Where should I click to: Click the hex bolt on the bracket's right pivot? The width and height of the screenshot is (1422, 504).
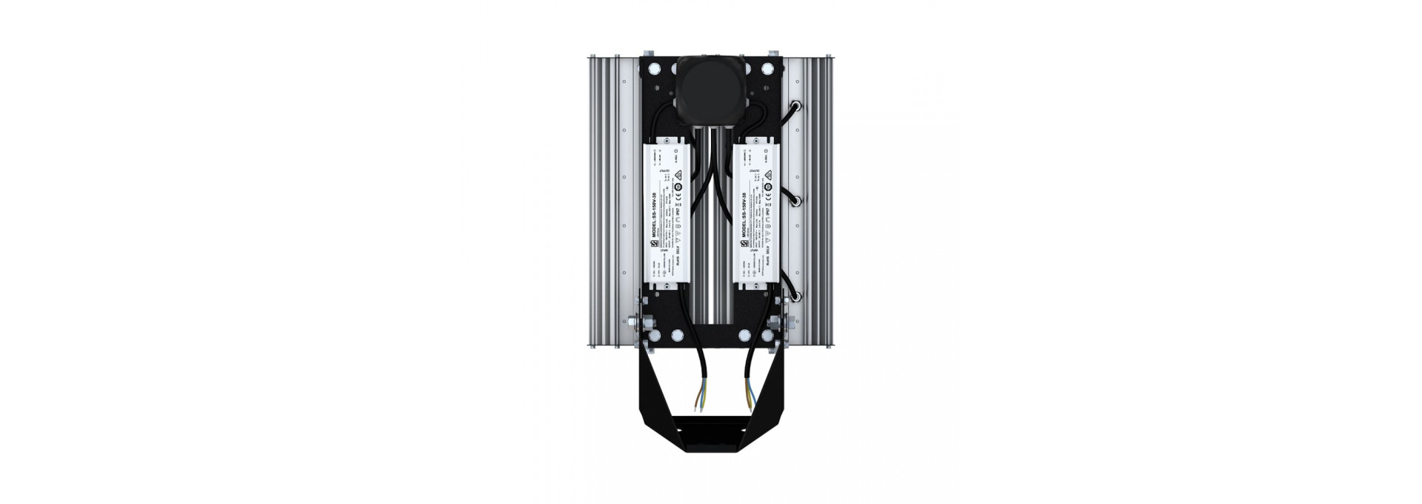click(778, 323)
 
